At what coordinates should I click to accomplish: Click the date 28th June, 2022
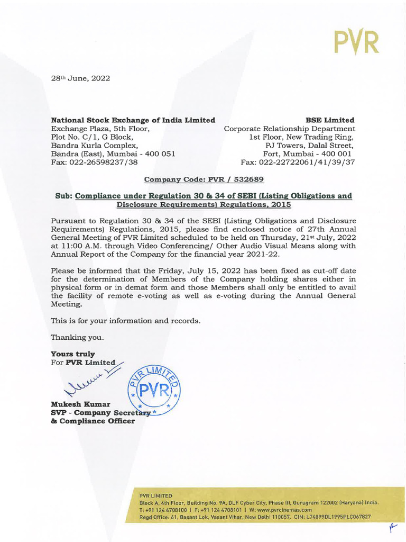coord(80,78)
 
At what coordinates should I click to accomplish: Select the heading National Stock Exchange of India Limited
coord(133,120)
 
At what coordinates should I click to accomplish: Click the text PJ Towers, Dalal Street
coord(310,146)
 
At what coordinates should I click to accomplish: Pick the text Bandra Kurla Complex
coord(95,146)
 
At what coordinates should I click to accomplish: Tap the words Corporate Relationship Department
coord(289,129)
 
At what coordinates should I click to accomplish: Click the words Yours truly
coord(72,354)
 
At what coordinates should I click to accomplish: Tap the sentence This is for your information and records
coord(125,321)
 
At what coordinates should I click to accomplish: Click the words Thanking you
coord(77,337)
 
